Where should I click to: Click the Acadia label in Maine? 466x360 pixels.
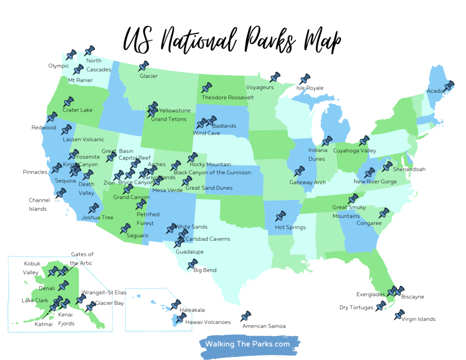pos(435,91)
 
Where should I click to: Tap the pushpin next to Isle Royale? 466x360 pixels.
pos(304,80)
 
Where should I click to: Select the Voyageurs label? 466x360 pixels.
pos(260,87)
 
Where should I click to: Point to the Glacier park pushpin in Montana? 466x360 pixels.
pos(143,66)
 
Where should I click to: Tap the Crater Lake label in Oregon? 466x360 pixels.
pos(77,110)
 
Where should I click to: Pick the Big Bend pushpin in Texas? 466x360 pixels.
pos(192,264)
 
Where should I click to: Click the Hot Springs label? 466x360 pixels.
pos(290,227)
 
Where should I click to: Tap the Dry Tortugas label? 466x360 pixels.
pos(356,308)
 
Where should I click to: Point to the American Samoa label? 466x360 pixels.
pos(264,326)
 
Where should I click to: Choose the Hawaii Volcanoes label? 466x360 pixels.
pos(208,322)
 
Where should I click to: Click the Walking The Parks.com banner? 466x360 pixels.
pos(248,344)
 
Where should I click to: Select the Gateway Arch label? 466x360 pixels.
pos(308,183)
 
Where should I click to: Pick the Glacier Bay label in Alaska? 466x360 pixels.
pos(110,303)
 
